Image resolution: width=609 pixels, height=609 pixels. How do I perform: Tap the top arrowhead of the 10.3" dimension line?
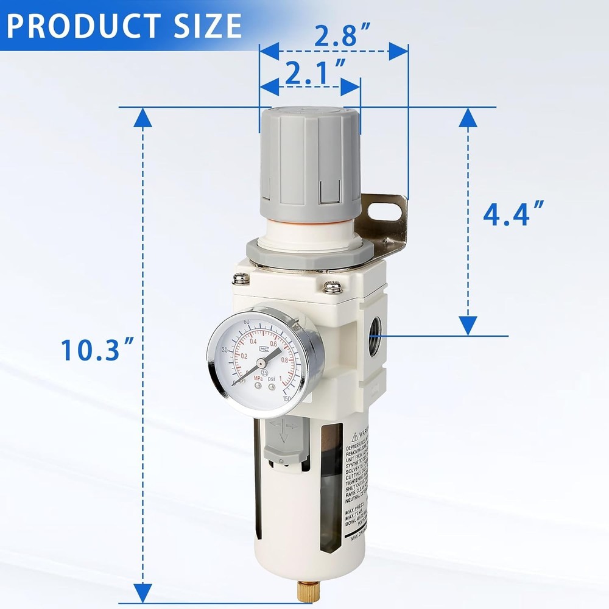tap(143, 118)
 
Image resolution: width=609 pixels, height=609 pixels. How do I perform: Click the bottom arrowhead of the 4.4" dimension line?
tap(468, 325)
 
